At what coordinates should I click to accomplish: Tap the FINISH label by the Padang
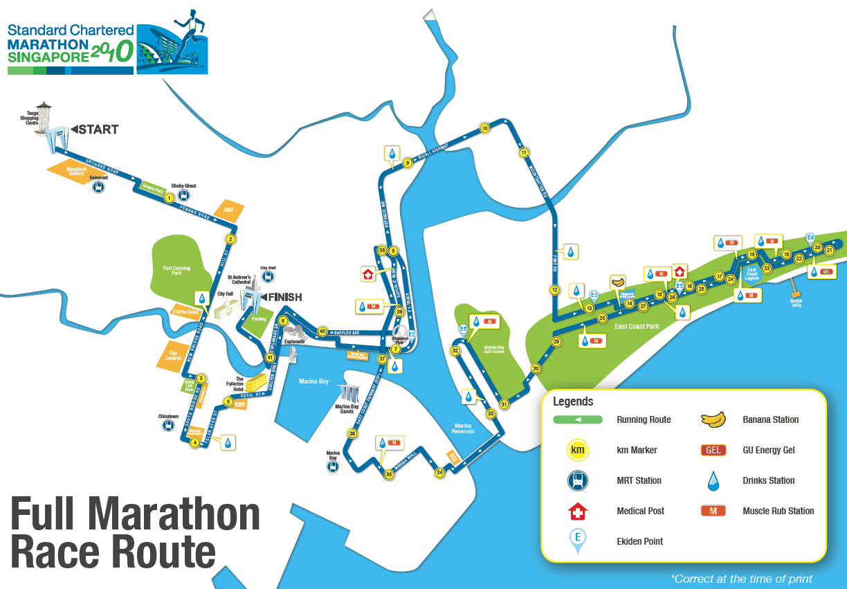coord(284,298)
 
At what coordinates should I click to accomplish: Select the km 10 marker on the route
coord(484,128)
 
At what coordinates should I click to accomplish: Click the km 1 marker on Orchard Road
coord(168,198)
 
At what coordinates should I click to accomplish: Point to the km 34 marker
coord(439,473)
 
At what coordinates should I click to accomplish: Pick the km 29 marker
coord(556,341)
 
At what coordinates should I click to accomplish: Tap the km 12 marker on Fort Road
coord(554,289)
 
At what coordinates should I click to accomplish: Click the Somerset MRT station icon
coord(99,187)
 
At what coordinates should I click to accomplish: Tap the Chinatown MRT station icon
coord(168,426)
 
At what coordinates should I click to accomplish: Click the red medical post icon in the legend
coord(577,511)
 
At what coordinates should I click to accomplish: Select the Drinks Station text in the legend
coord(768,480)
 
